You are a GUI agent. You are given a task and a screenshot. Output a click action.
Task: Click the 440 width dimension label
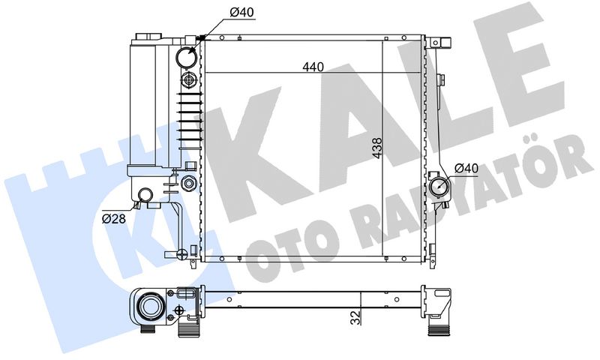tap(313, 67)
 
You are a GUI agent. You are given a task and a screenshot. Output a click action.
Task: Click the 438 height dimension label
tap(377, 148)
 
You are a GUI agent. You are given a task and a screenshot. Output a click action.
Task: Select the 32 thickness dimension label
tap(356, 318)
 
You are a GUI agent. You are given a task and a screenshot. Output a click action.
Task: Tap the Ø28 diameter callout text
tap(114, 219)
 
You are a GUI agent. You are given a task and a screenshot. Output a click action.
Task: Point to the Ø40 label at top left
tap(241, 13)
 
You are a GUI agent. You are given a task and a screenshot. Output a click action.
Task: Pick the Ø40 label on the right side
tap(466, 168)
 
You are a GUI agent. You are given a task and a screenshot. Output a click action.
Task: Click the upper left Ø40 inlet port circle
tap(187, 56)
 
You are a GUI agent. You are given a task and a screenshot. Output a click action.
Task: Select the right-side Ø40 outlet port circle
tap(439, 187)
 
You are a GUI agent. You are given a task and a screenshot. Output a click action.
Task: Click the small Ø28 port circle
tap(145, 195)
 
